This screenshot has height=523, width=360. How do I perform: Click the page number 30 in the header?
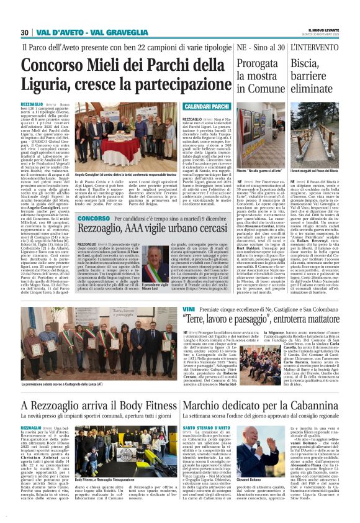25,32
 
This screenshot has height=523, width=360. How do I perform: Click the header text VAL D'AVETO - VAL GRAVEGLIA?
88,32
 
